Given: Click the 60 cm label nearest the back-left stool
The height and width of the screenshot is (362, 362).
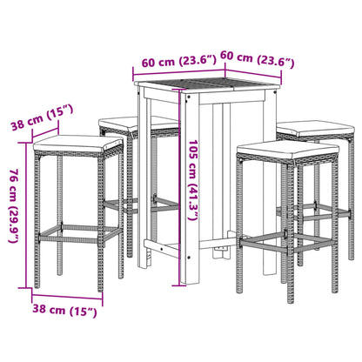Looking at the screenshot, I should pos(171,62).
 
